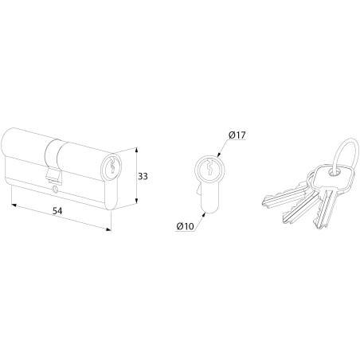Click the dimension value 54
coord(57,211)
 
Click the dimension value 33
coord(143,176)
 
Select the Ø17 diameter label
coord(237,135)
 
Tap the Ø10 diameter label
coord(185,226)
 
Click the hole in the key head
coord(334,173)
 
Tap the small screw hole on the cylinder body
coord(55,190)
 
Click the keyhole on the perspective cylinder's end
coord(112,166)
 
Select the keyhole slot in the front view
coord(209,167)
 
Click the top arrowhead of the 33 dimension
coord(136,150)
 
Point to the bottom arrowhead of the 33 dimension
coord(136,202)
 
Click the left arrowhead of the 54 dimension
coord(14,205)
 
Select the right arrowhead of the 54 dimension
coord(108,229)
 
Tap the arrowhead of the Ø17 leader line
coord(219,155)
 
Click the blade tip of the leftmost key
coord(264,203)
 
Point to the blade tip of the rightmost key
coord(316,224)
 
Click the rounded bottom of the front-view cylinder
coord(210,211)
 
